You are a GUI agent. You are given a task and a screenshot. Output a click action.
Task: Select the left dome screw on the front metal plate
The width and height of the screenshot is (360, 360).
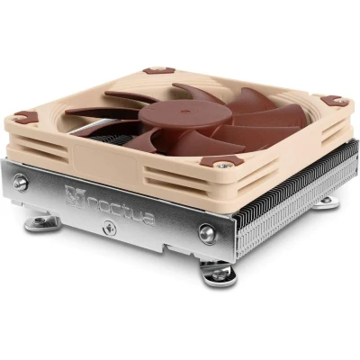coord(21,183)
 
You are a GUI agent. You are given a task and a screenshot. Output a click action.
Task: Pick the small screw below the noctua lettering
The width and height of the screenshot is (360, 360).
coord(109,228)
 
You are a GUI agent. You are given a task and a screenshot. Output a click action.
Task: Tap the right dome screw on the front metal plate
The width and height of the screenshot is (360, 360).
coord(207,233)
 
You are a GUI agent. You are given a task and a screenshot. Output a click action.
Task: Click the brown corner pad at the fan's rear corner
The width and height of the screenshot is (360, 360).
coord(158,71)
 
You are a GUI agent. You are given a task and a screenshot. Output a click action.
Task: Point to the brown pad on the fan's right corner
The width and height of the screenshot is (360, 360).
coord(335,101)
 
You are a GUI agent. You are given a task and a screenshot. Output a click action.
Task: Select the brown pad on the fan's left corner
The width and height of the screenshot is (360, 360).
coord(25,117)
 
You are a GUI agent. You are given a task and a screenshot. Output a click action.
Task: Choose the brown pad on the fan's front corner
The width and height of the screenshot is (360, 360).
coord(221,162)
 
